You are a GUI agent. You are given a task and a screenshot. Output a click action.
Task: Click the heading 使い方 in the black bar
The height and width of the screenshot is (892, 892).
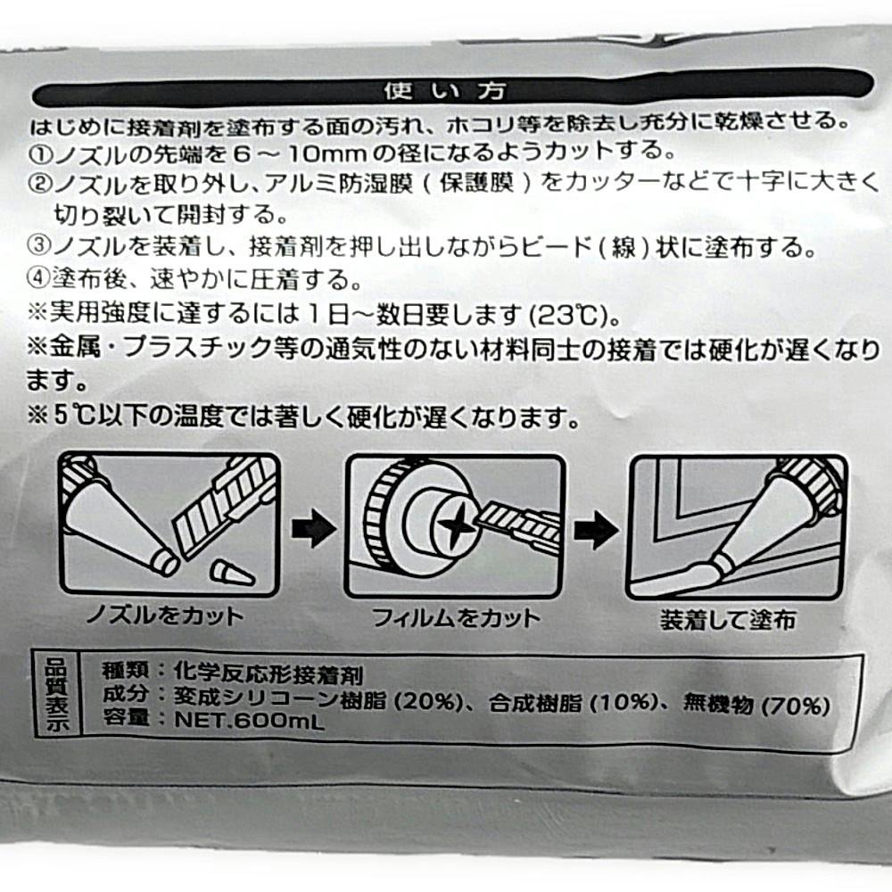pyautogui.click(x=444, y=91)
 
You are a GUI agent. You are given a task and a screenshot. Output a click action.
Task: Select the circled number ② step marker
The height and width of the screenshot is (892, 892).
pyautogui.click(x=40, y=184)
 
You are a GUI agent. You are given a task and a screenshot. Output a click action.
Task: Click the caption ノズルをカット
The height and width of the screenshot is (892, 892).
pyautogui.click(x=164, y=615)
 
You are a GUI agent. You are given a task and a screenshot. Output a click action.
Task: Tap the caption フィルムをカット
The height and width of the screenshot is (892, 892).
pyautogui.click(x=455, y=618)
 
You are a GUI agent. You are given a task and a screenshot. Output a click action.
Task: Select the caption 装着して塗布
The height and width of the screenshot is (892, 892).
pyautogui.click(x=728, y=620)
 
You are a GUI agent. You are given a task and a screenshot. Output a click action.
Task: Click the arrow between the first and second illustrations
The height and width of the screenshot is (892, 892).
pyautogui.click(x=313, y=528)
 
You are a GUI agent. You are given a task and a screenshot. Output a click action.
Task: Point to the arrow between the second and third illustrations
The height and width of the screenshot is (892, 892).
pyautogui.click(x=596, y=530)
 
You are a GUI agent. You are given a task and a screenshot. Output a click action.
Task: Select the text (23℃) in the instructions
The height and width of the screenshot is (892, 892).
pyautogui.click(x=569, y=315)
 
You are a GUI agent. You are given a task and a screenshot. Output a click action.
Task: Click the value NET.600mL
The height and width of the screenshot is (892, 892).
pyautogui.click(x=249, y=721)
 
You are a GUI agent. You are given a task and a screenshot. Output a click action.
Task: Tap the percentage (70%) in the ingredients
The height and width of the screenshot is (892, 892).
pyautogui.click(x=796, y=706)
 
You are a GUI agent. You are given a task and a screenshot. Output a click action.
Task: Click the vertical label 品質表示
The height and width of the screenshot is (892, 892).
pyautogui.click(x=57, y=695)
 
